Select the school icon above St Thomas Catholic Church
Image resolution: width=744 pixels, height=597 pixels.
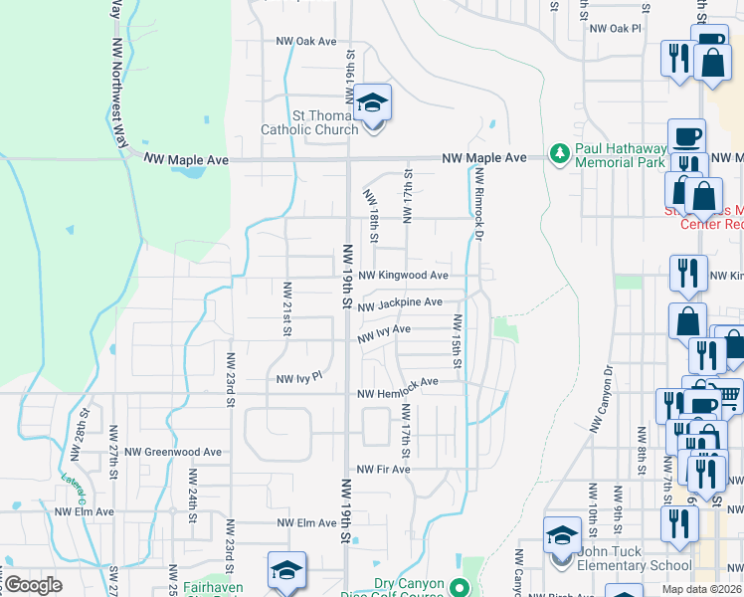[x=373, y=103]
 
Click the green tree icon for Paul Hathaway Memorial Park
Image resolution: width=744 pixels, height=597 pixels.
[x=560, y=154]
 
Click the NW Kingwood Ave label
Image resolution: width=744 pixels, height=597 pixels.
[x=404, y=275]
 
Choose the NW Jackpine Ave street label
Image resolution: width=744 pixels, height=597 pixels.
[x=400, y=302]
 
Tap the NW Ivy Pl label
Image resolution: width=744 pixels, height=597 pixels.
[x=300, y=379]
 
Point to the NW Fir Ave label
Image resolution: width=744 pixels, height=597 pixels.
[x=384, y=470]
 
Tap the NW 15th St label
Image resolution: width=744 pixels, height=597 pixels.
[x=458, y=340]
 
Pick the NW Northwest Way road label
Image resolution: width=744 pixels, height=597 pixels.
[x=118, y=75]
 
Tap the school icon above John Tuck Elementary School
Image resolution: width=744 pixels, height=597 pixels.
[x=562, y=534]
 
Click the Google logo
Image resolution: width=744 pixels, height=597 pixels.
[x=33, y=585]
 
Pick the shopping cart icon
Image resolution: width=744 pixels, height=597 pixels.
[x=728, y=396]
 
